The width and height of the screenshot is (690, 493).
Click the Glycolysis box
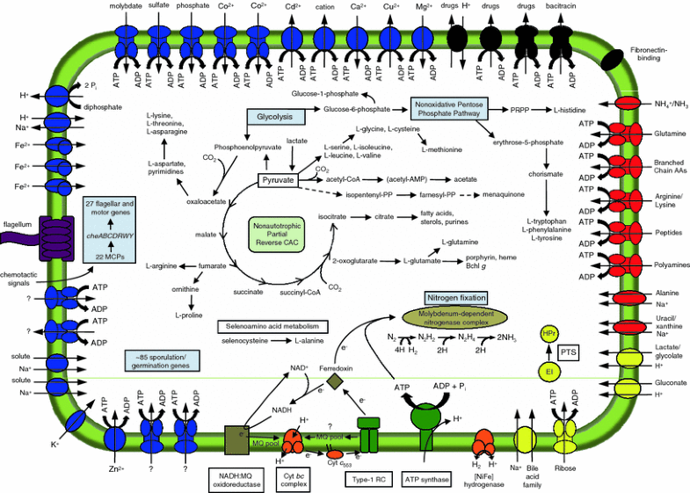point(276,116)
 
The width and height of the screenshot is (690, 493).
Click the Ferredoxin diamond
point(335,381)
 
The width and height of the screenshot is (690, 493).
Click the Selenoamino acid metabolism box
point(273,326)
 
